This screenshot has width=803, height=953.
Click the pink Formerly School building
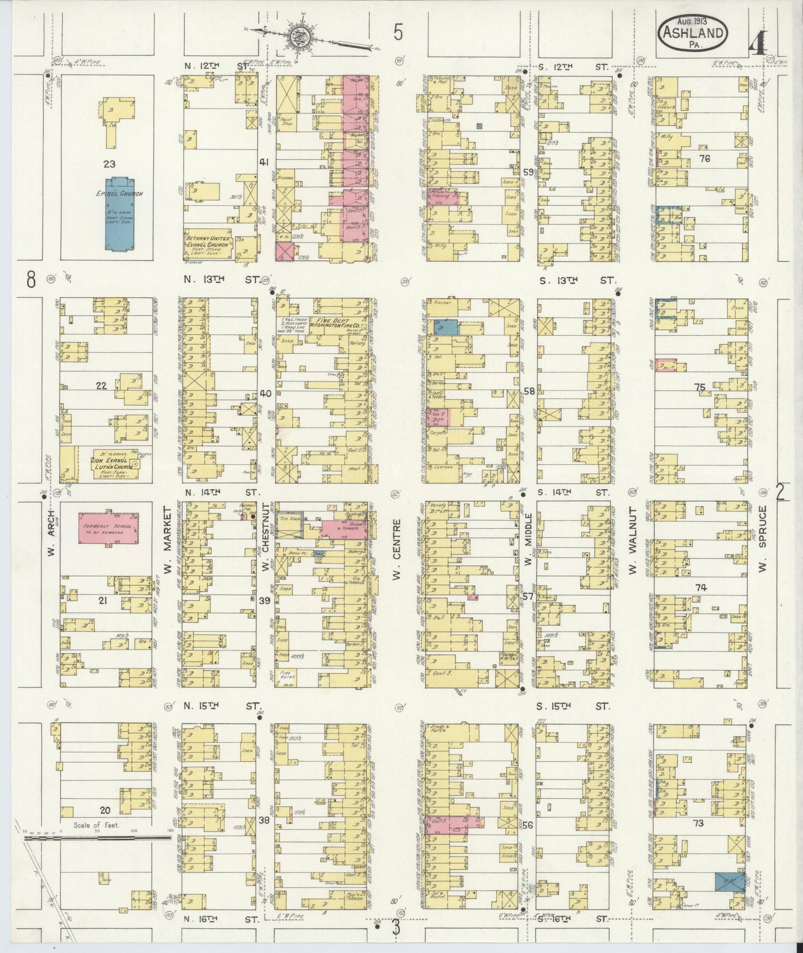click(108, 528)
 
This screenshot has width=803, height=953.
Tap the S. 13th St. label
click(572, 281)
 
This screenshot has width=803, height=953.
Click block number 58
click(528, 391)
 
